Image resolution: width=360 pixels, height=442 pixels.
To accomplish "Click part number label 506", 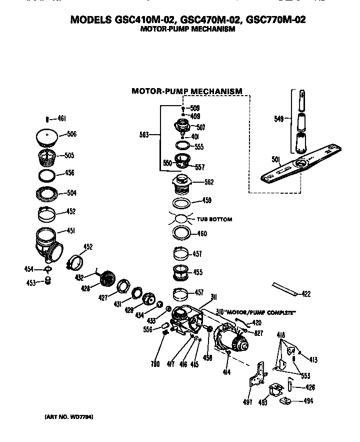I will tap(71, 134).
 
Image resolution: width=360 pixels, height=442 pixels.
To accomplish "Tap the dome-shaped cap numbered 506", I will tap(48, 136).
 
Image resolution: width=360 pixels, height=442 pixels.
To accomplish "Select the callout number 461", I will tap(61, 119).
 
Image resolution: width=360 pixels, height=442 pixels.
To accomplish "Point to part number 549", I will tap(278, 119).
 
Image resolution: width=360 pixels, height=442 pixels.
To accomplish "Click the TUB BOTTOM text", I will tap(214, 219).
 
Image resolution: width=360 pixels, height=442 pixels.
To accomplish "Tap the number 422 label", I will tap(306, 294).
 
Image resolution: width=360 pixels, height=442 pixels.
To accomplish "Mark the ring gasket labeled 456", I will tap(48, 175).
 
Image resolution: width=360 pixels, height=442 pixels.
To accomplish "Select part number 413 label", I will tap(313, 359).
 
